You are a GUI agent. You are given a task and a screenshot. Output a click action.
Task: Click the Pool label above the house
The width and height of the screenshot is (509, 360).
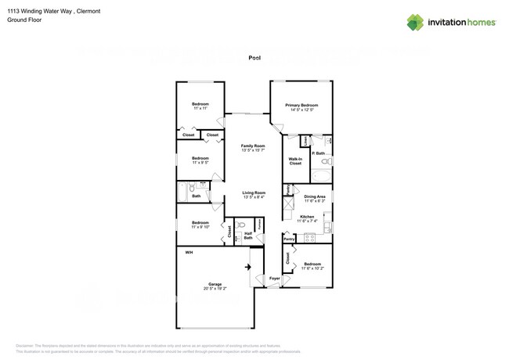254,58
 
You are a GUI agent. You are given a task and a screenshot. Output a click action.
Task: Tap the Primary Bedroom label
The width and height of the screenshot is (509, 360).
301,106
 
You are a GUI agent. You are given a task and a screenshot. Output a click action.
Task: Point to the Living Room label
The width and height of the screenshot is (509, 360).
253,194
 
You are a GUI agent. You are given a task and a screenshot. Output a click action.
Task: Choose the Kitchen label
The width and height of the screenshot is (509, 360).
307,217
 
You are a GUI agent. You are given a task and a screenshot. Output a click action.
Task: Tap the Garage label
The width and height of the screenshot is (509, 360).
215,285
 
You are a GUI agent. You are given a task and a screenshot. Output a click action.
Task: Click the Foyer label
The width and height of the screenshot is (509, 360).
274,279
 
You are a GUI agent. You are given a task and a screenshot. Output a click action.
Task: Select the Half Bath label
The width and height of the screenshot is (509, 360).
247,235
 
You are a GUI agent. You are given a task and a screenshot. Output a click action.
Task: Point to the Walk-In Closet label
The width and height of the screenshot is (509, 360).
295,161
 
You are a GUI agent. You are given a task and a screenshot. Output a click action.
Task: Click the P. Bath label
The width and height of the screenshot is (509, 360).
319,154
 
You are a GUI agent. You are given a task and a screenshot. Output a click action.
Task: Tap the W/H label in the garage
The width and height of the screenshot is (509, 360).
189,253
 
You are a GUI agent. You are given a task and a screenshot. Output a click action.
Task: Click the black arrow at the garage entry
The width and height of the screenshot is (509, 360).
250,268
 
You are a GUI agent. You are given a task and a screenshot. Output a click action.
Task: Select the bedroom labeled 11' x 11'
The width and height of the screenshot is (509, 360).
200,106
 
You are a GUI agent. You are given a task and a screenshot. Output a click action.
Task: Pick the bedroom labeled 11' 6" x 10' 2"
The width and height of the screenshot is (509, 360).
312,265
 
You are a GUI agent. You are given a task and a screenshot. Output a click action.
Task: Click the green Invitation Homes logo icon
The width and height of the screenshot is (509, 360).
416,22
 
